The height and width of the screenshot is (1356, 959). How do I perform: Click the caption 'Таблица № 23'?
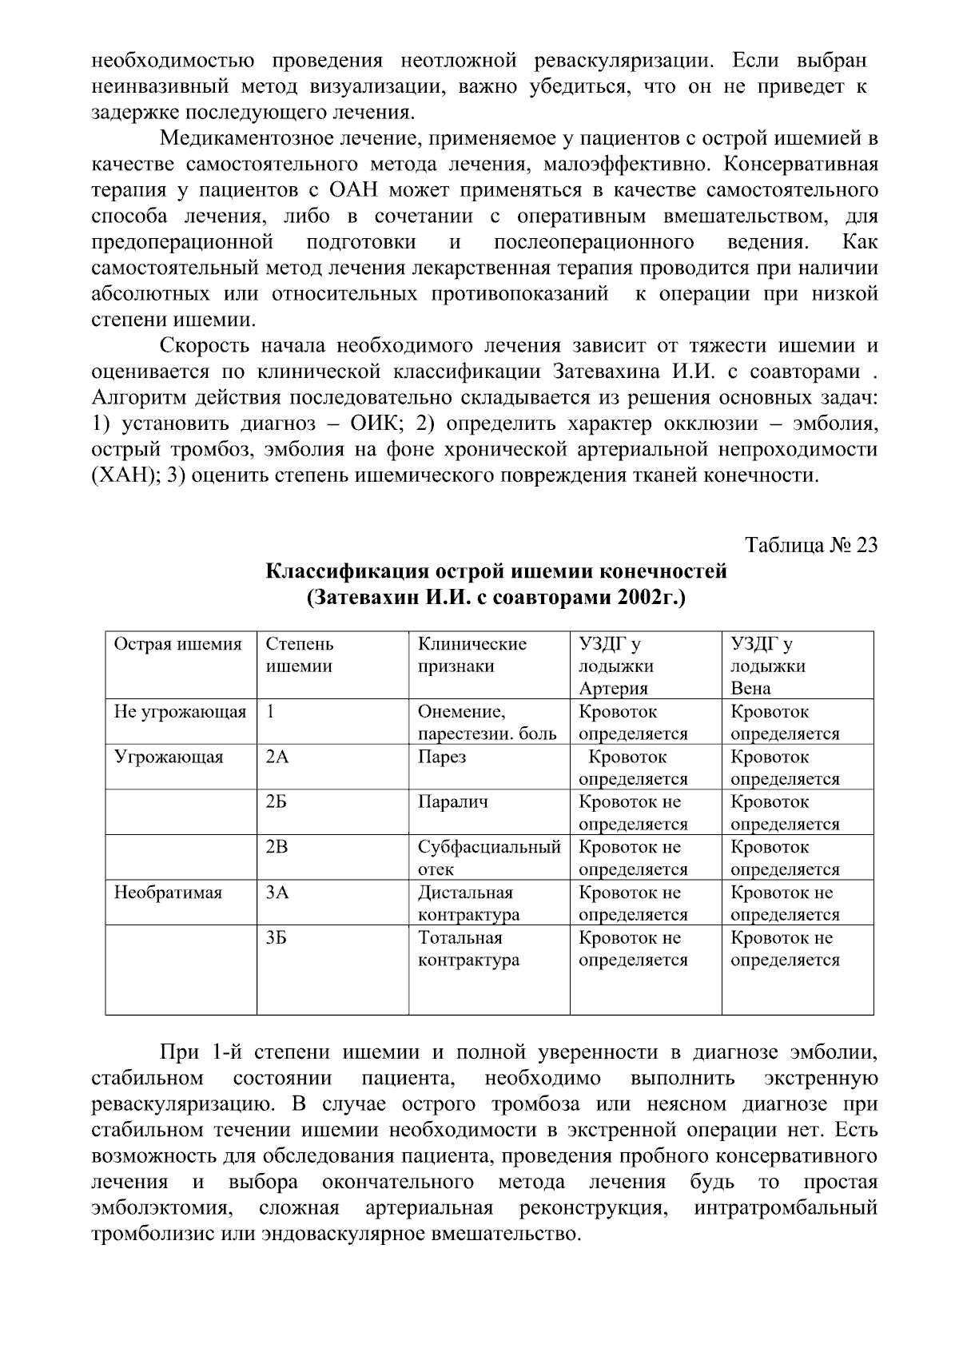click(811, 546)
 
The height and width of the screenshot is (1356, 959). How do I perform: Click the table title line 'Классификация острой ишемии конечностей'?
click(495, 572)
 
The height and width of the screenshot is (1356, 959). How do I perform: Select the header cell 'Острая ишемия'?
click(178, 645)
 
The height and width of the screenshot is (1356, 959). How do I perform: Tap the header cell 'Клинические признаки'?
click(472, 655)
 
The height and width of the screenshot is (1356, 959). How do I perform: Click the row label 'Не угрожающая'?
click(181, 712)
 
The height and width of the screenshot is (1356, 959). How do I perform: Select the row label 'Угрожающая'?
click(169, 758)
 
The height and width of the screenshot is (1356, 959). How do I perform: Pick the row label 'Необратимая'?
click(168, 893)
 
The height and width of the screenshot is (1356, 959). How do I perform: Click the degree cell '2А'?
click(277, 758)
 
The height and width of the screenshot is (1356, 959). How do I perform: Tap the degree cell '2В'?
click(277, 848)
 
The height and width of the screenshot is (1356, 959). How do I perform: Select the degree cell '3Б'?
click(277, 938)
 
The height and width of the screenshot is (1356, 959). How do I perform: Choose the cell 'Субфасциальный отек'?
click(489, 858)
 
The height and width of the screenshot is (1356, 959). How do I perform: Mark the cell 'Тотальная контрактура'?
click(468, 949)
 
